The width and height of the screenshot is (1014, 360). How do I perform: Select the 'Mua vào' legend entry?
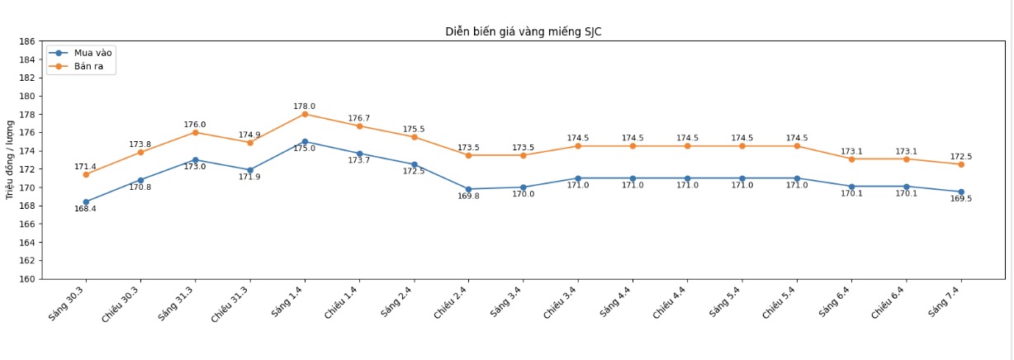pyautogui.click(x=92, y=53)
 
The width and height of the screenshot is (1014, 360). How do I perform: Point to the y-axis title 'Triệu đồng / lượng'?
pyautogui.click(x=10, y=160)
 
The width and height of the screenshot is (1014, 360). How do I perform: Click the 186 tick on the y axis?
pyautogui.click(x=26, y=41)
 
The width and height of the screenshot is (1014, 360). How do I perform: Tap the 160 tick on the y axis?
pyautogui.click(x=26, y=279)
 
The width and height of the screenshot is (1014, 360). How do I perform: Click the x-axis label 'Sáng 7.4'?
pyautogui.click(x=945, y=301)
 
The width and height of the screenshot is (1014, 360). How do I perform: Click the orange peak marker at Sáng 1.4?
pyautogui.click(x=305, y=114)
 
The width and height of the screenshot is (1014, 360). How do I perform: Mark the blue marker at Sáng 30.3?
pyautogui.click(x=86, y=201)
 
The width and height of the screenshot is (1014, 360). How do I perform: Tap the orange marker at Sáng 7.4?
pyautogui.click(x=961, y=164)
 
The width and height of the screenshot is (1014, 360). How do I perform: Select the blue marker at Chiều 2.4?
pyautogui.click(x=469, y=189)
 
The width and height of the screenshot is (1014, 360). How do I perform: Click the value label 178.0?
pyautogui.click(x=305, y=107)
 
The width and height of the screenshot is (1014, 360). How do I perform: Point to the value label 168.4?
pyautogui.click(x=86, y=209)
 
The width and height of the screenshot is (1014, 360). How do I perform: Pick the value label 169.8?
pyautogui.click(x=469, y=197)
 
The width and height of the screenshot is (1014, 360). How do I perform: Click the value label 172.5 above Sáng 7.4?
pyautogui.click(x=961, y=157)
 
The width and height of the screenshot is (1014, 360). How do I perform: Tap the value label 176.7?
pyautogui.click(x=359, y=119)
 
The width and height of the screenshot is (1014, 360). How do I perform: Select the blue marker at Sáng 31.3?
pyautogui.click(x=195, y=159)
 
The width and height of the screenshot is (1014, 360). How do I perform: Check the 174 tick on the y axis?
pyautogui.click(x=26, y=151)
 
